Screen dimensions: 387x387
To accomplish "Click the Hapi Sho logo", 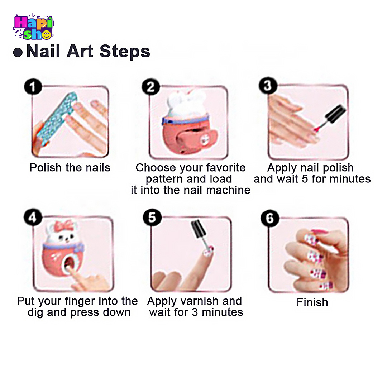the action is point(33,27).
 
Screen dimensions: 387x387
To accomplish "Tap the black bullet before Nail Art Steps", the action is point(18,52).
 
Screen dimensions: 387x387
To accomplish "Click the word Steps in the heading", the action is point(125,52).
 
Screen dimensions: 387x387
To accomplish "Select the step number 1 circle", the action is point(33,87).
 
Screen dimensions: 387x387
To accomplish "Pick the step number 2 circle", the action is point(150,87).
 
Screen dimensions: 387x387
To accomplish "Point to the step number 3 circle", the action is point(268,86).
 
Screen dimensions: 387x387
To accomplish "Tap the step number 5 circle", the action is point(152,218).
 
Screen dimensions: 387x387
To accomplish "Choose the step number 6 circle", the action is point(270,218).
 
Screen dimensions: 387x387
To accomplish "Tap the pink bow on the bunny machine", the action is point(64,226).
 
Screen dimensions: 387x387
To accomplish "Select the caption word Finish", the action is point(312,302).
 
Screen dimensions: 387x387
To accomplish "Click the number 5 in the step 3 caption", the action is point(305,179).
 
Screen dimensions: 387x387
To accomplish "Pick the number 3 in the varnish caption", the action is point(195,312).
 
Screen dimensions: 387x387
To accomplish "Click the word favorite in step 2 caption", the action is point(226,168).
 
